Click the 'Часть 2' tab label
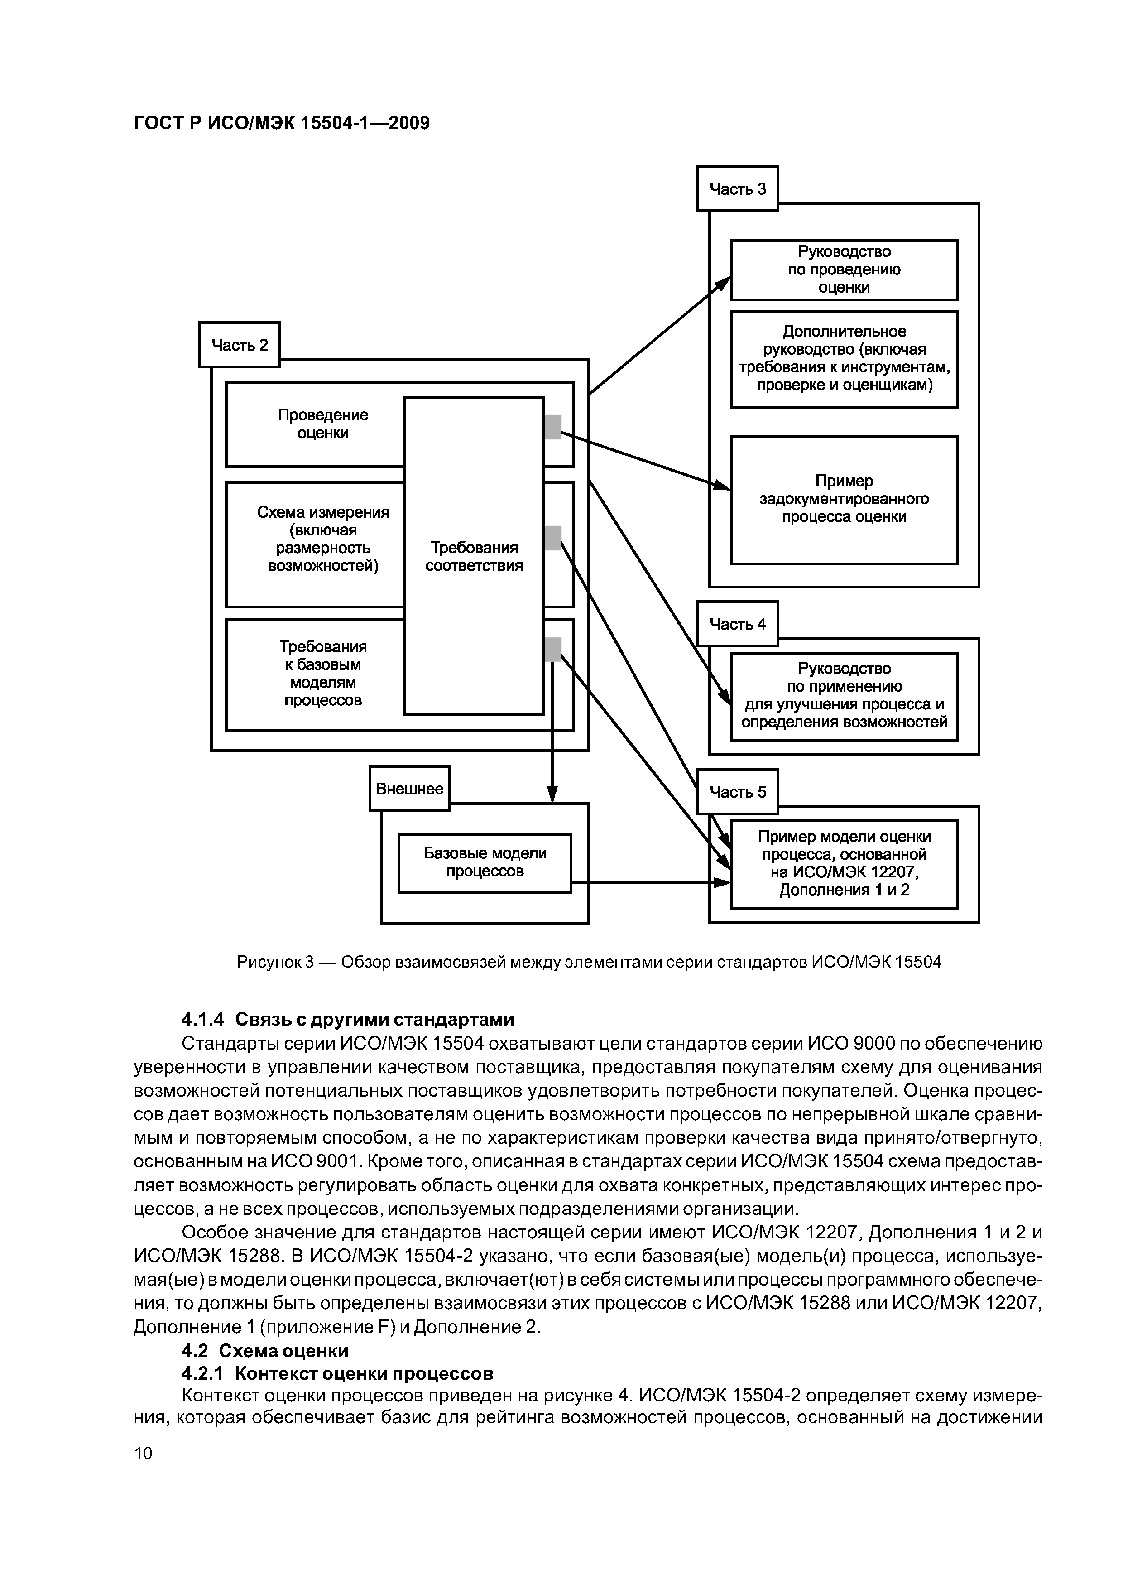(240, 345)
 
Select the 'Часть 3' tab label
(738, 188)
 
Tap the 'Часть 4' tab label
(738, 624)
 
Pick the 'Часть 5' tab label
(738, 792)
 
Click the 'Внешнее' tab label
(410, 788)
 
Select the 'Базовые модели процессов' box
(485, 862)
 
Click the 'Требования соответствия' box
(474, 556)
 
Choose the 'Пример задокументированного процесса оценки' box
(844, 499)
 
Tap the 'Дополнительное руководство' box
(844, 358)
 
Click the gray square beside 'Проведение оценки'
(553, 427)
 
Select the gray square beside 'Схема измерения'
(553, 538)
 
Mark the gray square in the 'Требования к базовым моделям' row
(553, 649)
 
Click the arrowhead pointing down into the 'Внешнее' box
(552, 795)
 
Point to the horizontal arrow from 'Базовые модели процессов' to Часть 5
(650, 882)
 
